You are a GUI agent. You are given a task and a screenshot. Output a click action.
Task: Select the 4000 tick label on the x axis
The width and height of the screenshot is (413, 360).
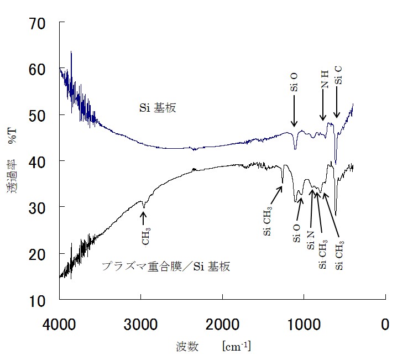point(59,324)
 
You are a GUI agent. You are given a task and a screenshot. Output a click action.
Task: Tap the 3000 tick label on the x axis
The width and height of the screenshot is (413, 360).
point(140,324)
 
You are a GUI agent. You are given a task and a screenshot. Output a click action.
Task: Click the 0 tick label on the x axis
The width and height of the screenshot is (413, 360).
point(385,324)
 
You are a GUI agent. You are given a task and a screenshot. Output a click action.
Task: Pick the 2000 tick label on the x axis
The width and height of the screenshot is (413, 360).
point(222,324)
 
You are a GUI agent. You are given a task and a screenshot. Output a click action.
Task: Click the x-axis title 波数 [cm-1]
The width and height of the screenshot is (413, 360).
point(213,347)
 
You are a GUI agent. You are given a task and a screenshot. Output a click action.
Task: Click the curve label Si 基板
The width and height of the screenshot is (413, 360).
point(156,108)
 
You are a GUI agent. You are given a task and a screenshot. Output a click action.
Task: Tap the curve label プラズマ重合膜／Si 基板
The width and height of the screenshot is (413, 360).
point(166,267)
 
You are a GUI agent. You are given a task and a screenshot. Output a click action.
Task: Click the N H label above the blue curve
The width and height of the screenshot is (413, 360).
point(325,80)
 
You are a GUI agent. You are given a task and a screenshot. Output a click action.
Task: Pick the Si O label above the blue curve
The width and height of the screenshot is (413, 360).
point(294,82)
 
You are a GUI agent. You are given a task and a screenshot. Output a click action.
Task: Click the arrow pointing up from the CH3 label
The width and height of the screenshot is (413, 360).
point(144,218)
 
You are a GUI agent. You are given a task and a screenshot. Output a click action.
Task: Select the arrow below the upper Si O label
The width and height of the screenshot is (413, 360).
point(294,111)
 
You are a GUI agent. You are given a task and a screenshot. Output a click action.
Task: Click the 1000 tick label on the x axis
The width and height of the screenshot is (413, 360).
point(304,324)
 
